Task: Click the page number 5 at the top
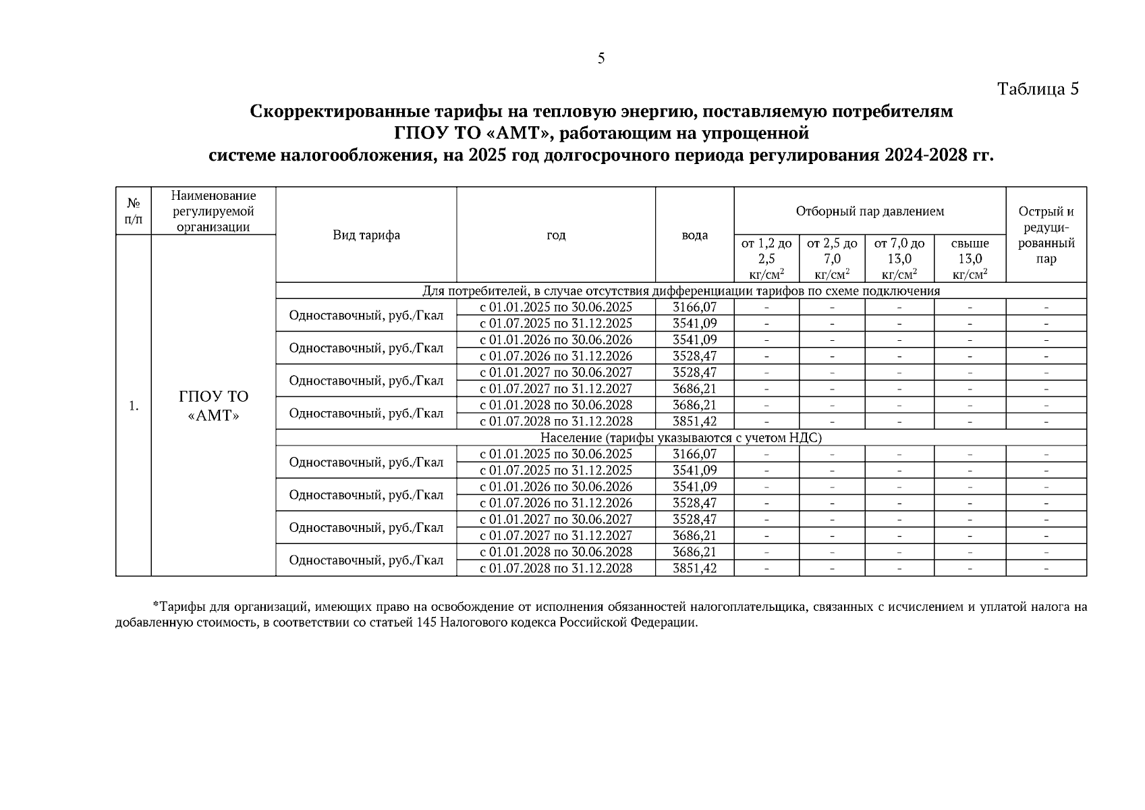coord(601,59)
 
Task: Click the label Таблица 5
coord(1038,89)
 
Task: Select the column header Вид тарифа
coord(366,235)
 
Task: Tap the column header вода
coord(694,235)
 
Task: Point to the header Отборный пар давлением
coord(869,211)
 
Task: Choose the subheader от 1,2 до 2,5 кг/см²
coord(766,259)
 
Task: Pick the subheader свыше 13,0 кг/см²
coord(970,259)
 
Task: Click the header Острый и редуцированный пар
coord(1046,235)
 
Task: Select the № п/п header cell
coord(134,211)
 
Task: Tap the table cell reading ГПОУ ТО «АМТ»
coord(213,406)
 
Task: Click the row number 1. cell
coord(134,406)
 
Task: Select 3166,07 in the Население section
coord(694,454)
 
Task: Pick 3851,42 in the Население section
coord(694,568)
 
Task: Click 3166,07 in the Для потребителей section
coord(694,307)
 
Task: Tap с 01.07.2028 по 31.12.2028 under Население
coord(555,568)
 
